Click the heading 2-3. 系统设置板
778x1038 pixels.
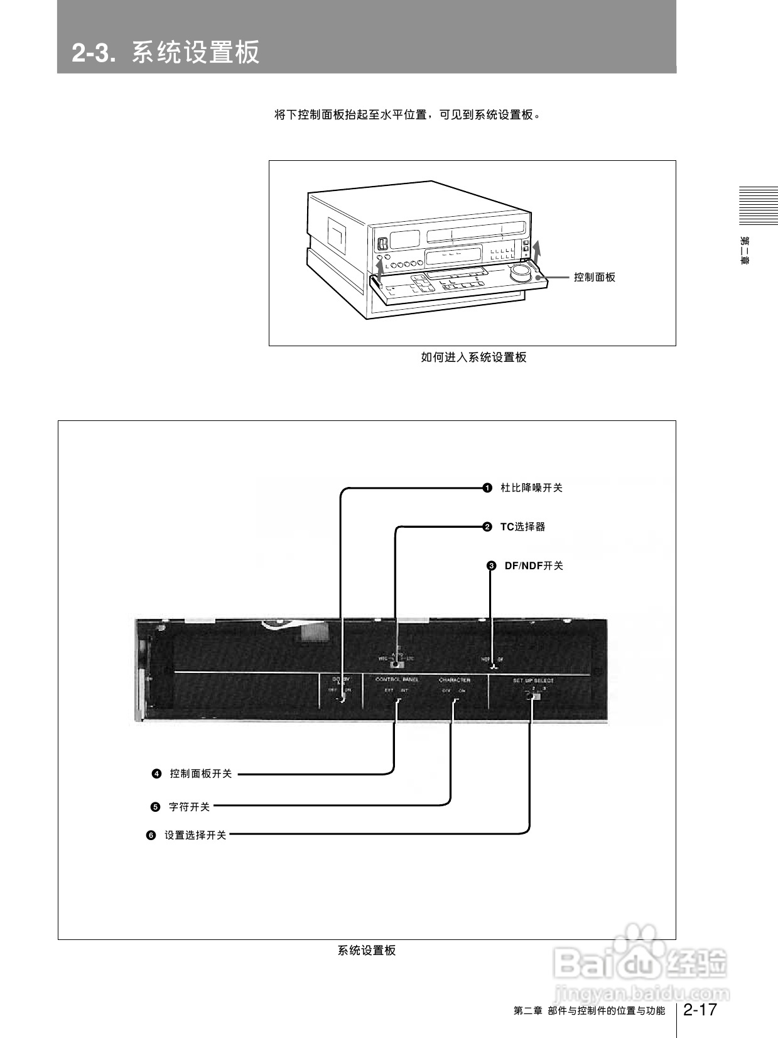(x=166, y=52)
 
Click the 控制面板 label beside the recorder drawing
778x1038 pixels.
(x=594, y=277)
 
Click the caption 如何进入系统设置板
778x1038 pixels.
(x=473, y=358)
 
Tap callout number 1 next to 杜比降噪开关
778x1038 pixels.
(x=487, y=488)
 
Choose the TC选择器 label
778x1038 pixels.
(x=522, y=527)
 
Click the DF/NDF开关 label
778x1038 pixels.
(x=534, y=565)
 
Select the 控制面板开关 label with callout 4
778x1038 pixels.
(x=201, y=773)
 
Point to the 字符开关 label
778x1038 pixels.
(x=189, y=807)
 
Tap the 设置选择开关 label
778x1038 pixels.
(x=195, y=835)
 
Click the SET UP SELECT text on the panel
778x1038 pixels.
(x=533, y=680)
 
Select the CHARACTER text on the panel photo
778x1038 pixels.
(x=454, y=680)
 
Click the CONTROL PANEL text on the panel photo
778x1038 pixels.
(x=397, y=680)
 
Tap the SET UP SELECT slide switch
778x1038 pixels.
(x=534, y=696)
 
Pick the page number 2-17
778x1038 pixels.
(x=700, y=1010)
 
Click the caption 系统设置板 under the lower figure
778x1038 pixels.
(x=367, y=951)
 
